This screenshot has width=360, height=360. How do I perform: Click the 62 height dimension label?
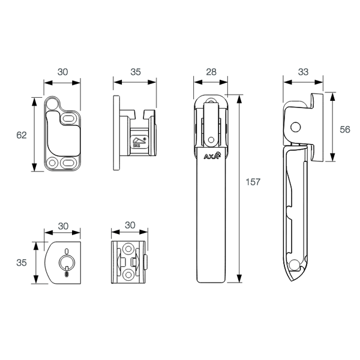22,135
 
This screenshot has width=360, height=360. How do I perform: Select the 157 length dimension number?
253,182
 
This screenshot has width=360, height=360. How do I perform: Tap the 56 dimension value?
345,130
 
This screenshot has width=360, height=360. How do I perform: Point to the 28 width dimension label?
211,72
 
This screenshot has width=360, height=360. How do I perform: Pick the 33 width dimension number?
303,72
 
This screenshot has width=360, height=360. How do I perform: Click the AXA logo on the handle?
212,155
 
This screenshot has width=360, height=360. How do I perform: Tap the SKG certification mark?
139,142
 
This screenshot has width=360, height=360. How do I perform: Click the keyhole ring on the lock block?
67,262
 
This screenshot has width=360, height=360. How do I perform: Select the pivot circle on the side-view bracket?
295,127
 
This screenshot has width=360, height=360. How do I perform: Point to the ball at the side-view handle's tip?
294,265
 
